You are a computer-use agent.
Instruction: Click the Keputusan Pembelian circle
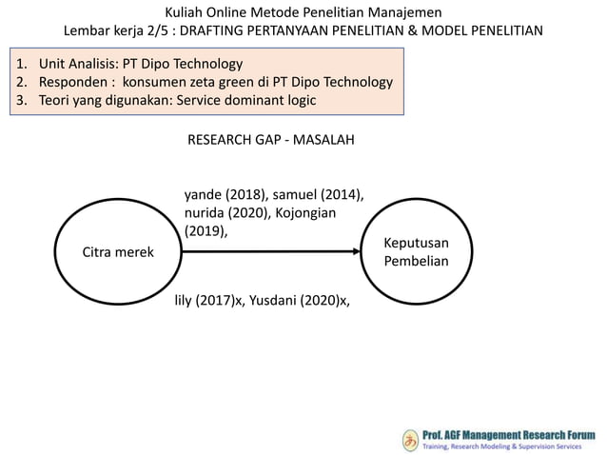point(416,251)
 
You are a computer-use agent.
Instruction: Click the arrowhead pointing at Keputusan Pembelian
point(360,252)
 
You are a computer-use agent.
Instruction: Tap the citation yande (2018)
point(217,196)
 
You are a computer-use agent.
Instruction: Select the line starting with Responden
point(206,82)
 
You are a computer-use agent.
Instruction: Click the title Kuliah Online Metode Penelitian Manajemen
point(303,11)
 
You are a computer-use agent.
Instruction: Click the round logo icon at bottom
point(409,440)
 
